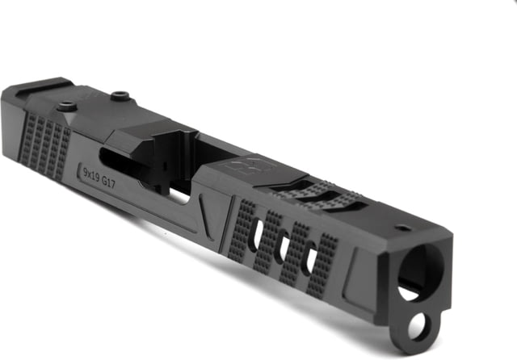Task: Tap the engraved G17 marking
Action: (108, 182)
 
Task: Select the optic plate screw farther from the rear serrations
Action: (120, 96)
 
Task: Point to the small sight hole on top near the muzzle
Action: (402, 228)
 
